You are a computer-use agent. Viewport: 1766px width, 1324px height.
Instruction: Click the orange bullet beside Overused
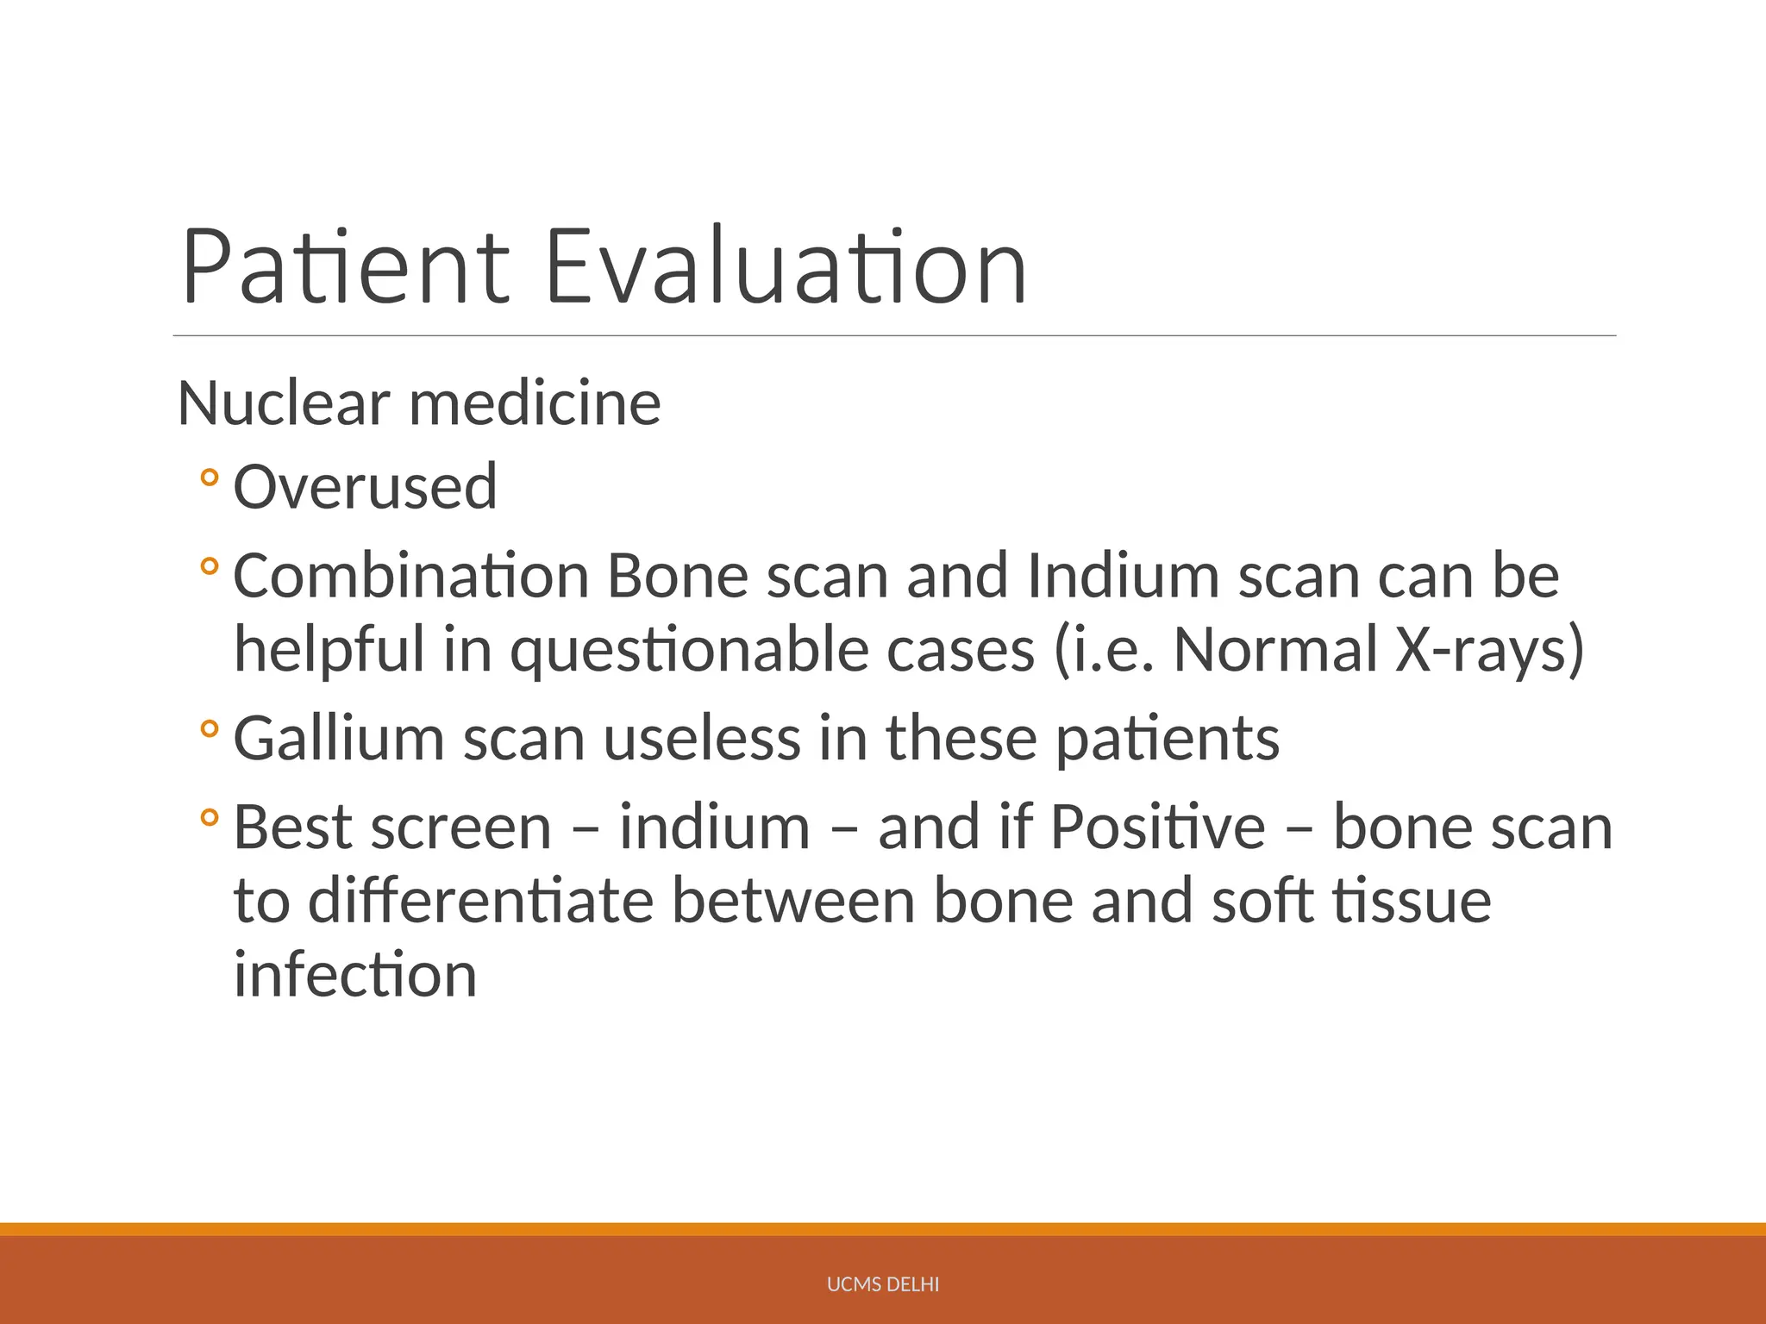pyautogui.click(x=209, y=477)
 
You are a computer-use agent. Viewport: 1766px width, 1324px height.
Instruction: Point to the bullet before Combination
pyautogui.click(x=209, y=566)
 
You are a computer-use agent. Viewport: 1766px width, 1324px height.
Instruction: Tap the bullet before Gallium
pyautogui.click(x=209, y=729)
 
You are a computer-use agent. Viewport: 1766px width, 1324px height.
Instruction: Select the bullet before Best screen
pyautogui.click(x=209, y=817)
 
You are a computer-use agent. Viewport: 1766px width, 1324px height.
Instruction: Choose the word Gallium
pyautogui.click(x=338, y=739)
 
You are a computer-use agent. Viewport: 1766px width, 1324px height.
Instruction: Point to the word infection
pyautogui.click(x=355, y=975)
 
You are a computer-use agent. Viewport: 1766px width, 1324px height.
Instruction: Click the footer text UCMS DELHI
pyautogui.click(x=882, y=1284)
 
